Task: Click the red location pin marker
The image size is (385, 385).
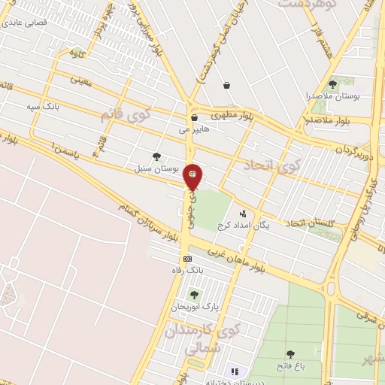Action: [x=193, y=178]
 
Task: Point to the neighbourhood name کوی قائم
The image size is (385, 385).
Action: [x=125, y=114]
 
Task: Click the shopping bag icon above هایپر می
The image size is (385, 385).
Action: [x=194, y=117]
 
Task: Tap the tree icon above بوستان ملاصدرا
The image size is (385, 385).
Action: [x=333, y=84]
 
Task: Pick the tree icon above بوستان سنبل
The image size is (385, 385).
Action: [x=156, y=156]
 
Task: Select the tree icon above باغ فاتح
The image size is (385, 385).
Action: [x=290, y=353]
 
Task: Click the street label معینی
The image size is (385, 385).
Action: [x=81, y=79]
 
